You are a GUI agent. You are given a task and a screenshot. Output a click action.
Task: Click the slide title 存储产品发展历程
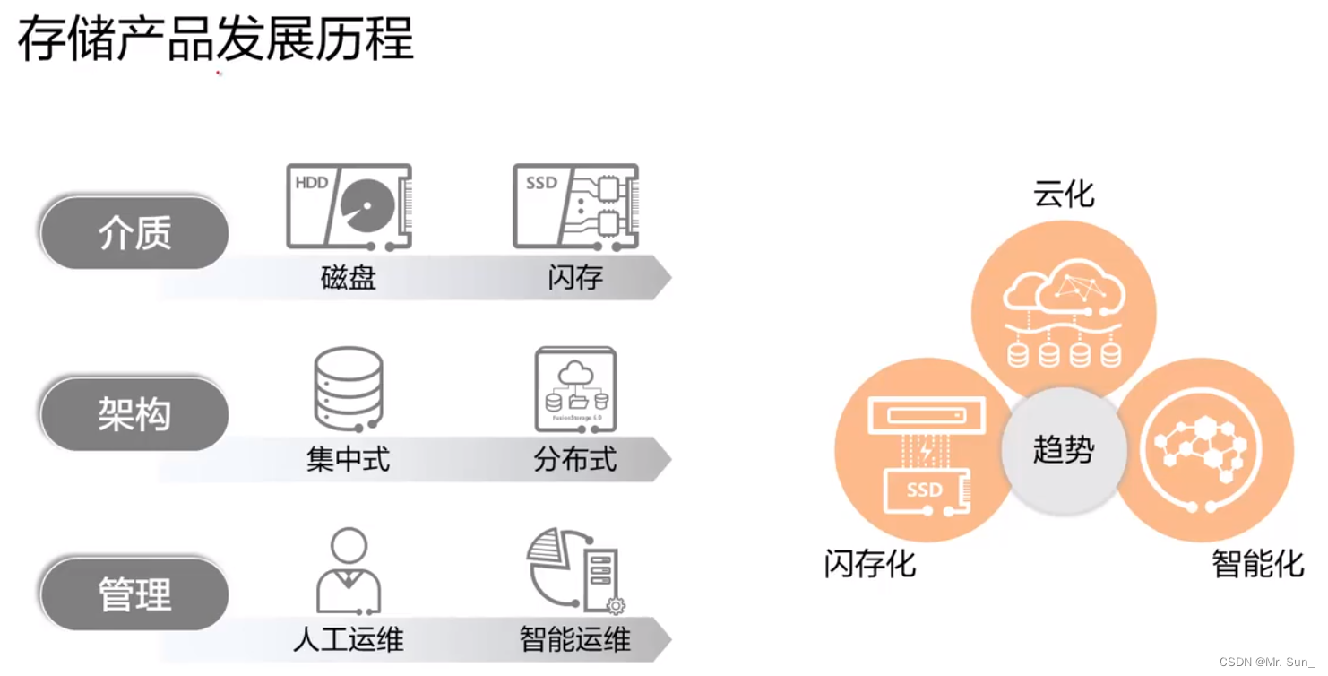tap(216, 39)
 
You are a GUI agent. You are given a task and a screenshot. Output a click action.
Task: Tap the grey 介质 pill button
tap(134, 234)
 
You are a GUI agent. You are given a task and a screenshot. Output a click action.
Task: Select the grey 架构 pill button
tap(134, 415)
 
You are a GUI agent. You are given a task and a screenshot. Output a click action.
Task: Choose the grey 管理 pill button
tap(134, 595)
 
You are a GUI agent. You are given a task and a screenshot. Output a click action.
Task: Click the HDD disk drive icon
tap(349, 207)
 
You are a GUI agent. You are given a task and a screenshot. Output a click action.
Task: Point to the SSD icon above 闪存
tap(575, 207)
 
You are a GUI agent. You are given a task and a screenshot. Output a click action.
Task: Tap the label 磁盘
tap(349, 278)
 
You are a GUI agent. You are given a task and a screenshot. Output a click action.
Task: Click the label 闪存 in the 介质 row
tap(575, 278)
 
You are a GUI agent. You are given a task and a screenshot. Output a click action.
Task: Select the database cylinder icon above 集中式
tap(349, 388)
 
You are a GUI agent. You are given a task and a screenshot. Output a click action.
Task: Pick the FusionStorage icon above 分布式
tap(575, 388)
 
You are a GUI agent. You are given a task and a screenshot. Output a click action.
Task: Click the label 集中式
tap(349, 460)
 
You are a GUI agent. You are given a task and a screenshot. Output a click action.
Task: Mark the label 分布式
tap(575, 460)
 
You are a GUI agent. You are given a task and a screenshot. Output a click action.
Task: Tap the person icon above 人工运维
tap(349, 569)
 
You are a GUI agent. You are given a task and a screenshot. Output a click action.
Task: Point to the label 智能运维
tap(575, 639)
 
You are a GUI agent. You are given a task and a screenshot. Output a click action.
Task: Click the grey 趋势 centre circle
tap(1064, 449)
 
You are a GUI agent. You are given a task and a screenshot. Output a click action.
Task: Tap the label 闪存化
tap(870, 564)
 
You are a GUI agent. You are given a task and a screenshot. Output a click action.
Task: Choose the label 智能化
tap(1258, 564)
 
